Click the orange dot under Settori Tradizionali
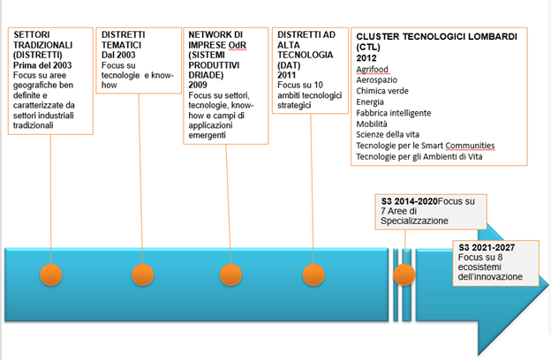[51, 274]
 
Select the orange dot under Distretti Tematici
[141, 274]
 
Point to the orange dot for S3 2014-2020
[405, 274]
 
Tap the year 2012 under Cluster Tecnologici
[367, 57]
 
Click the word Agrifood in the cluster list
[374, 68]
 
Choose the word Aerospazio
[379, 79]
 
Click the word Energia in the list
[371, 101]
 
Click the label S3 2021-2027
[487, 249]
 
